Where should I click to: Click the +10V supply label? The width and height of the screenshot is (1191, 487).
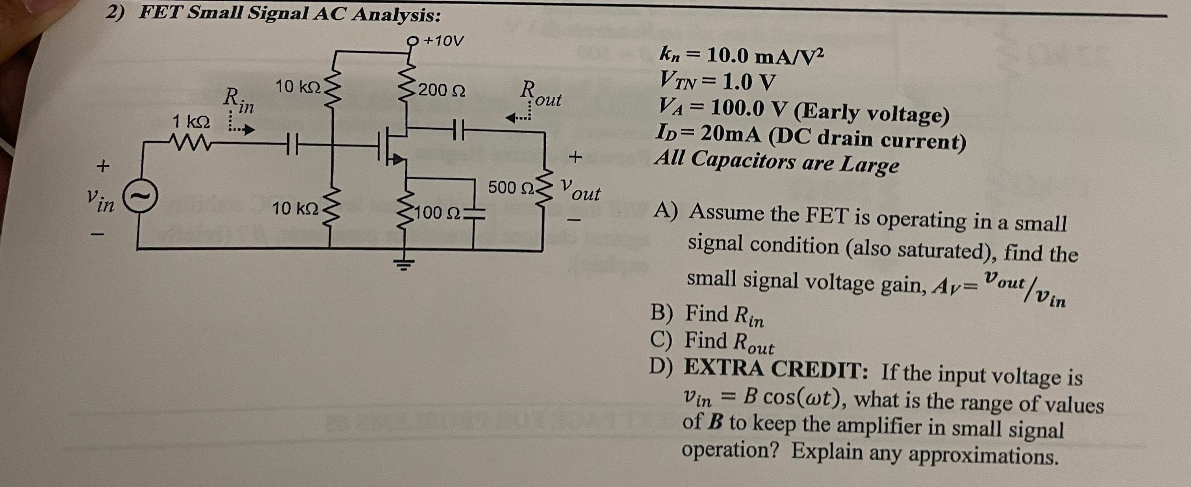[443, 41]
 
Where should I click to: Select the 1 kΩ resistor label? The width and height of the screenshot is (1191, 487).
[191, 122]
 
